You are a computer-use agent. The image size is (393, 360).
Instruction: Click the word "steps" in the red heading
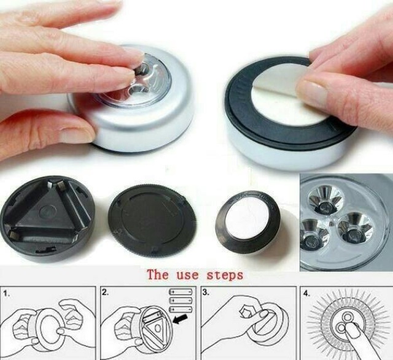pos(225,276)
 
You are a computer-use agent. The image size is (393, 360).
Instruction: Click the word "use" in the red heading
pos(187,275)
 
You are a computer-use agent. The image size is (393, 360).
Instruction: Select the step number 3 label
pos(205,292)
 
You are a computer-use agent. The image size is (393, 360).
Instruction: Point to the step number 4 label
pos(306,294)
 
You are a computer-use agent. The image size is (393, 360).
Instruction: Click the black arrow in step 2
pos(180,319)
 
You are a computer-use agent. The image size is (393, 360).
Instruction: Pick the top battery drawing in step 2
pos(181,292)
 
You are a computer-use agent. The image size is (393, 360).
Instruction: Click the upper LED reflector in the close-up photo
pos(325,200)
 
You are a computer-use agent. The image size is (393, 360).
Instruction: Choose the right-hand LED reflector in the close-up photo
pos(355,228)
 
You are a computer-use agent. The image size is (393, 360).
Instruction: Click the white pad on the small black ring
pos(247,220)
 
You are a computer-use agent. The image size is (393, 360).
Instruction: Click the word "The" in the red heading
pos(158,274)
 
